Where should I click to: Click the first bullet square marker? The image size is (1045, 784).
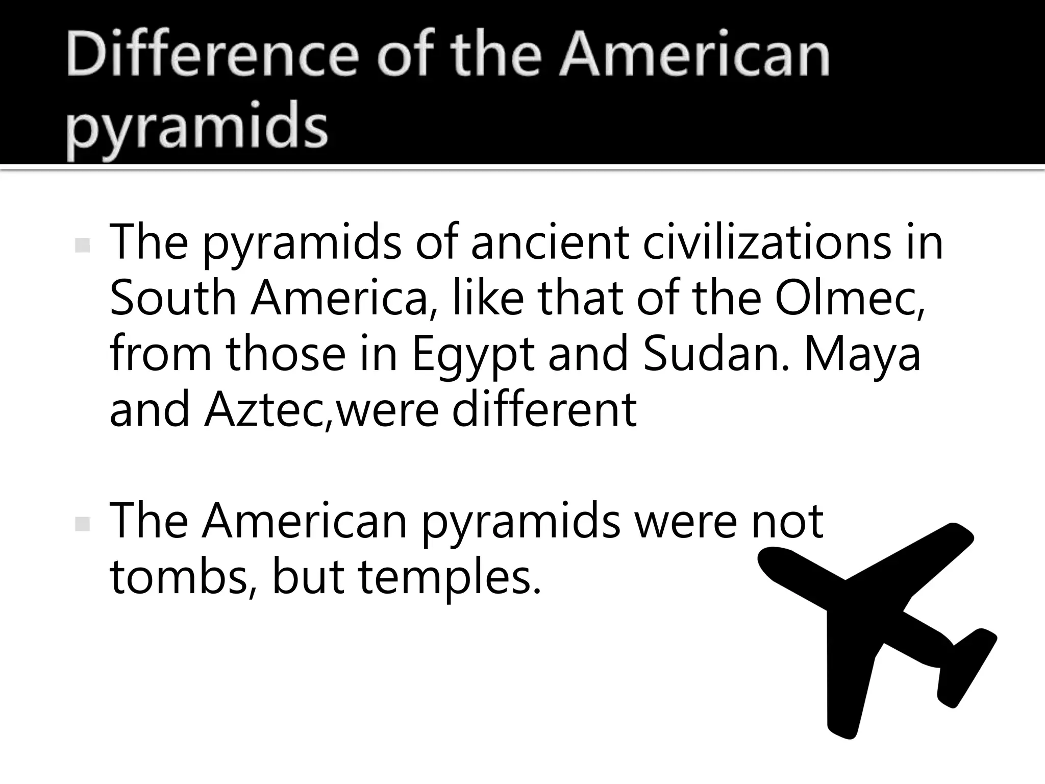[x=82, y=246]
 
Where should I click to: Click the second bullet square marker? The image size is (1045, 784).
[x=82, y=524]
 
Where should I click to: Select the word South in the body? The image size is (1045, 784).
[x=173, y=298]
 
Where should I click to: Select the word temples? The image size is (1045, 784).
[x=449, y=579]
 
